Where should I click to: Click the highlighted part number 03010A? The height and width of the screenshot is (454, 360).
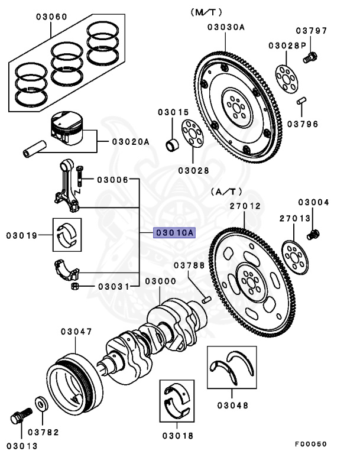tap(174, 233)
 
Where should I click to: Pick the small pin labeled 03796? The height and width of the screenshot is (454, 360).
tap(301, 101)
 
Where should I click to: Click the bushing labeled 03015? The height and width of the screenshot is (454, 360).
tap(172, 143)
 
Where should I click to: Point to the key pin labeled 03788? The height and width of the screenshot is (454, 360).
tap(206, 300)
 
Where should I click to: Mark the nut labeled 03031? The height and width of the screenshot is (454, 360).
tap(76, 287)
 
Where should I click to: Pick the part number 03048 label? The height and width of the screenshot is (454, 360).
tap(232, 406)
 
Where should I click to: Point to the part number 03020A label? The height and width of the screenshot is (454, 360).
tap(131, 142)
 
